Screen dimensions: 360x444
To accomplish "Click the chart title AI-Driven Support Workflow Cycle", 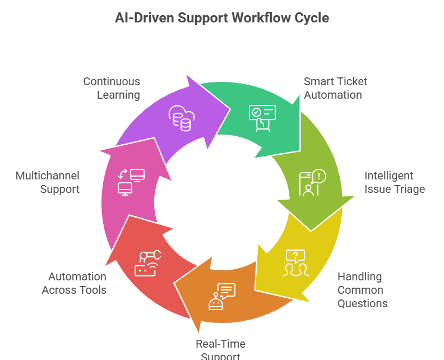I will [221, 18].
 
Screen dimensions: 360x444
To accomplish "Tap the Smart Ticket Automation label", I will [335, 88].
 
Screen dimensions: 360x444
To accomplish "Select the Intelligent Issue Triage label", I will [394, 182].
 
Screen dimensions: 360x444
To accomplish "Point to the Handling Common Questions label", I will [362, 290].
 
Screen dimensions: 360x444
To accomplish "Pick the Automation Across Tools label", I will [75, 283].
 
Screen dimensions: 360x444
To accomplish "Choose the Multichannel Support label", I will [48, 182].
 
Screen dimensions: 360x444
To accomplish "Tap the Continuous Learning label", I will [112, 88].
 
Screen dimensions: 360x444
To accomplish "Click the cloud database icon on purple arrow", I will [181, 117].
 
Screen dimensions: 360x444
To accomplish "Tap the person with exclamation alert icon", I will [312, 183].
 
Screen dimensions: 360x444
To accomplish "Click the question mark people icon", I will [296, 263].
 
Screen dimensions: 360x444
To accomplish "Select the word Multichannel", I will [48, 176].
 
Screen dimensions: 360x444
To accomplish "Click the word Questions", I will [362, 303].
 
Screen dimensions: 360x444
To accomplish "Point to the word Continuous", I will [112, 81].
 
